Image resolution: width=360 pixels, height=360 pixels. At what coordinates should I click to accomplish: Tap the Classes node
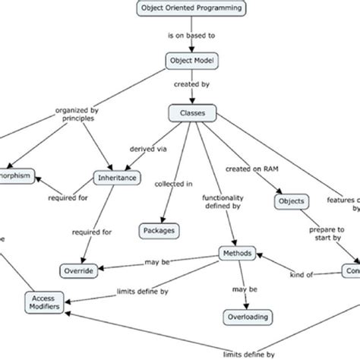click(x=191, y=114)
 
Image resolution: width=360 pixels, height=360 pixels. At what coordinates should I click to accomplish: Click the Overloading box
click(x=245, y=316)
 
